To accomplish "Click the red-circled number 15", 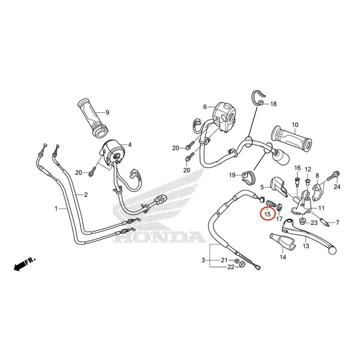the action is (x=267, y=214).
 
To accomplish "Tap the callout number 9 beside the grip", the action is (x=107, y=112).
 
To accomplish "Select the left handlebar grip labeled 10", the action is (x=291, y=137).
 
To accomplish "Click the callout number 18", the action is (x=273, y=104).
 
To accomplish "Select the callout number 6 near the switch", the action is (x=205, y=107).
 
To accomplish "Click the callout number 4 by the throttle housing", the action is (x=129, y=145).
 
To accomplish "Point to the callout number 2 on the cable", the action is (x=85, y=194).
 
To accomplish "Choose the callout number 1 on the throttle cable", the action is (x=56, y=208).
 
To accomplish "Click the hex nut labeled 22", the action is (x=242, y=264).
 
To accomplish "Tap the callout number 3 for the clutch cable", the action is (x=203, y=260).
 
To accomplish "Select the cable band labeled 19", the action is (x=247, y=178).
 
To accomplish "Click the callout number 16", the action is (x=297, y=168).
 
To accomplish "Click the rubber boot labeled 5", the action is (x=278, y=186).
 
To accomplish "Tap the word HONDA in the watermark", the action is (x=159, y=236).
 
